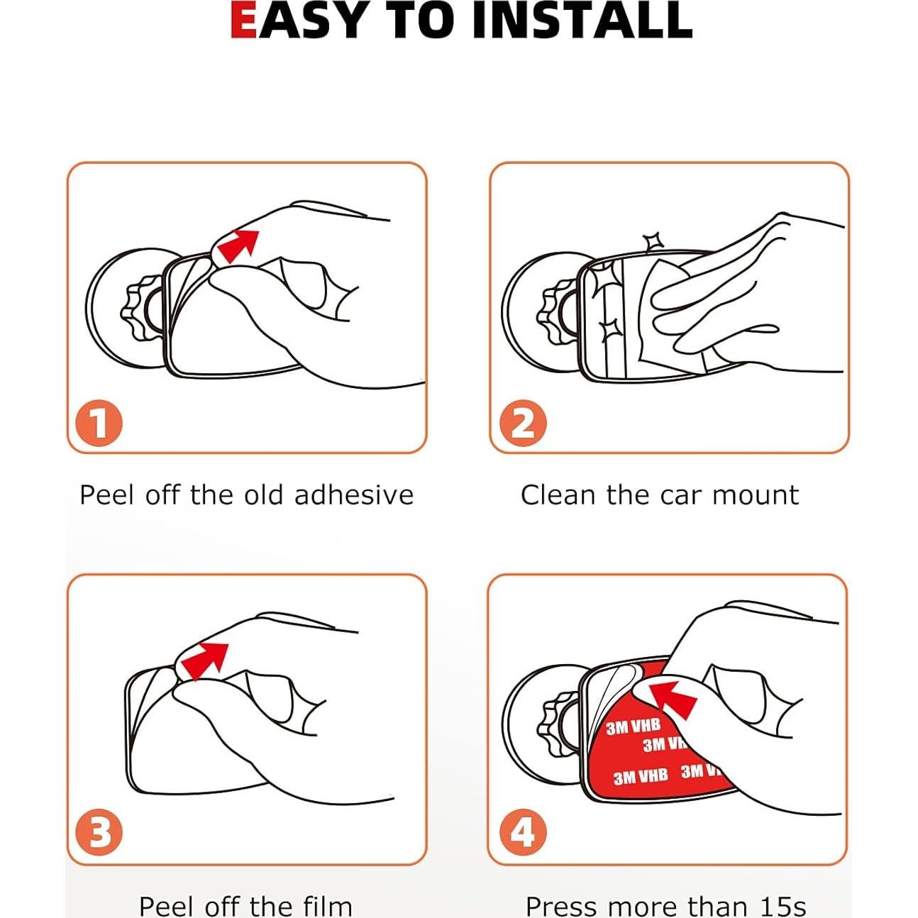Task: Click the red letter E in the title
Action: tap(243, 21)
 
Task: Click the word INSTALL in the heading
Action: tap(582, 21)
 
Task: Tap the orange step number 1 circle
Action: tap(99, 423)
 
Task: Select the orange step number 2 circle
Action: tap(523, 423)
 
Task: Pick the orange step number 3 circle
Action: tap(99, 832)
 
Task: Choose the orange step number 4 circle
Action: tap(523, 832)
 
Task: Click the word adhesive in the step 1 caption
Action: tap(354, 495)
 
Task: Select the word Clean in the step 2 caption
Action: tap(558, 495)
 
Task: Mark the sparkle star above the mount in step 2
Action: tap(653, 241)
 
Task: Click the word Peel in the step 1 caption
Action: tap(107, 495)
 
